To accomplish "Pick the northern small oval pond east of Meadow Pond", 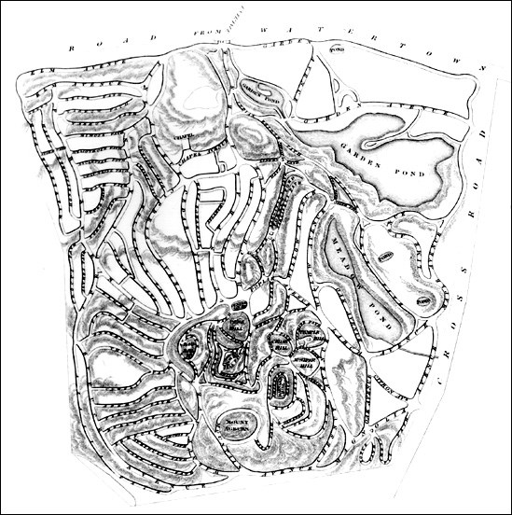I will click(384, 255).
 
